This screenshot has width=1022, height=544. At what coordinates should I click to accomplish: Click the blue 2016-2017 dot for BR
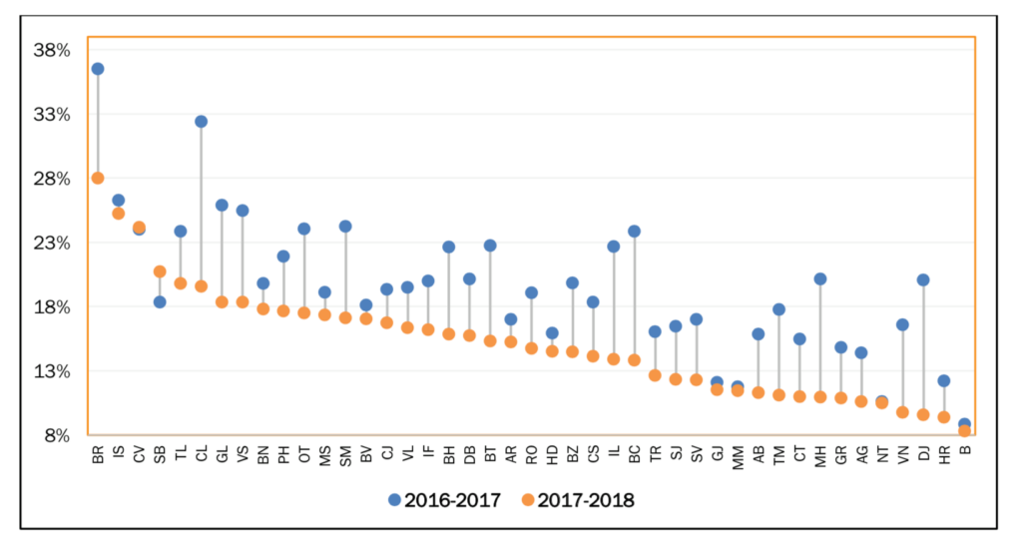pyautogui.click(x=98, y=69)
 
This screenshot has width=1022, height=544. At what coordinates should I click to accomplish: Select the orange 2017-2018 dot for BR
pyautogui.click(x=98, y=178)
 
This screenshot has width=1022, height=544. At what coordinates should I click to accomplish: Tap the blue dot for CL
pyautogui.click(x=201, y=122)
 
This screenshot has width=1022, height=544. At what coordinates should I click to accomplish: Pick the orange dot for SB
pyautogui.click(x=160, y=272)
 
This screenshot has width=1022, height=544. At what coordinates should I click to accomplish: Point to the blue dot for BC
pyautogui.click(x=634, y=232)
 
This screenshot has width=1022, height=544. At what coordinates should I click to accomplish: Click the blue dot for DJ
pyautogui.click(x=923, y=279)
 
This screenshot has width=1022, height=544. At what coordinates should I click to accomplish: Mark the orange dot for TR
pyautogui.click(x=655, y=375)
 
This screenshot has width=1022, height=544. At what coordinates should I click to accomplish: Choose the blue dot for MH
pyautogui.click(x=820, y=278)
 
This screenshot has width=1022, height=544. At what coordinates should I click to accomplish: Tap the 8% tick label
pyautogui.click(x=57, y=435)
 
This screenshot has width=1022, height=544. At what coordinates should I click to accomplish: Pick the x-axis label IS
pyautogui.click(x=119, y=456)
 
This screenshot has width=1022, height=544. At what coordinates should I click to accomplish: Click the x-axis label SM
pyautogui.click(x=345, y=456)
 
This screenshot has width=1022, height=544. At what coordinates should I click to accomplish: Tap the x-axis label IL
pyautogui.click(x=614, y=456)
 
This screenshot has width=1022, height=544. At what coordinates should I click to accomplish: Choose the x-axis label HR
pyautogui.click(x=944, y=456)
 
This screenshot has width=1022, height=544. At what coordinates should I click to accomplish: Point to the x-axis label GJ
pyautogui.click(x=717, y=456)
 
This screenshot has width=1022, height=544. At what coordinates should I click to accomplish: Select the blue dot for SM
pyautogui.click(x=345, y=227)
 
